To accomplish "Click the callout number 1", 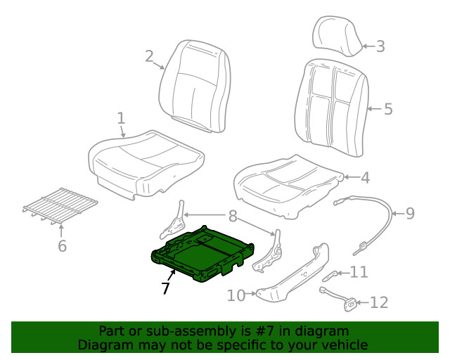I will point(121,117).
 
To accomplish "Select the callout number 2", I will point(149,56).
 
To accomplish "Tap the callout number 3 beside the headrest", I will point(380,47).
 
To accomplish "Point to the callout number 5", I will point(387,109).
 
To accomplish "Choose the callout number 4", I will point(364,179).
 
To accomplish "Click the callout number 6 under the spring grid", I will point(61,245).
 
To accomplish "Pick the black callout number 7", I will point(165,288).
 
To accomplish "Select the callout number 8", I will point(231,216).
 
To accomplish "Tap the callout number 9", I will point(411,212).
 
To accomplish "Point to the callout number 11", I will point(359,272).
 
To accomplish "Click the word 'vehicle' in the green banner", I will point(342,345).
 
